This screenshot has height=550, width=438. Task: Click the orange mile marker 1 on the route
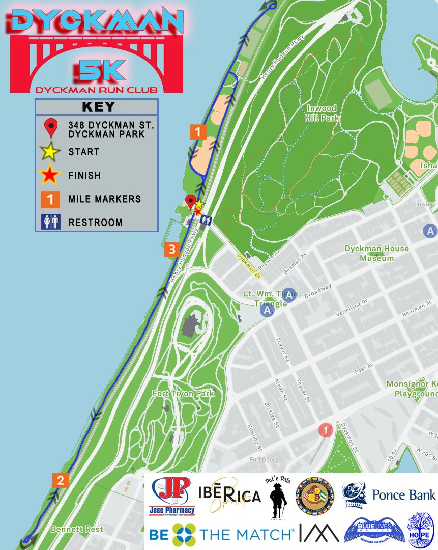coord(197,132)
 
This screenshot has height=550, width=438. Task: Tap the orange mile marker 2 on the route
coord(61,480)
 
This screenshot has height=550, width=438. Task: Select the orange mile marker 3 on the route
coord(171,250)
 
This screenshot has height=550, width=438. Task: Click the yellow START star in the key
coord(50,152)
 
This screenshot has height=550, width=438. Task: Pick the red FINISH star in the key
coord(50,175)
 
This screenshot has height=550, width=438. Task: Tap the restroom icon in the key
coord(51,222)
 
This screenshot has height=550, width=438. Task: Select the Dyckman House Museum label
coord(376,253)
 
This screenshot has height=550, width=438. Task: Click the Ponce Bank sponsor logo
coord(389,495)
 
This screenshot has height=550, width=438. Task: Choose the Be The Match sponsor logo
coord(221,534)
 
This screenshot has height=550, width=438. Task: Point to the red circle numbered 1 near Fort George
coord(326,430)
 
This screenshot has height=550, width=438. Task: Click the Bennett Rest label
coord(76,530)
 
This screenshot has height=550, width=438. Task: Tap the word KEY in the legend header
coord(98,107)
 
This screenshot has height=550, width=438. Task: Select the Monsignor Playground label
coord(412,389)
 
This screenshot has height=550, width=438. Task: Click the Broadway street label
coord(317,291)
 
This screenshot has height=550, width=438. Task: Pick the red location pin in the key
coord(51,128)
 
